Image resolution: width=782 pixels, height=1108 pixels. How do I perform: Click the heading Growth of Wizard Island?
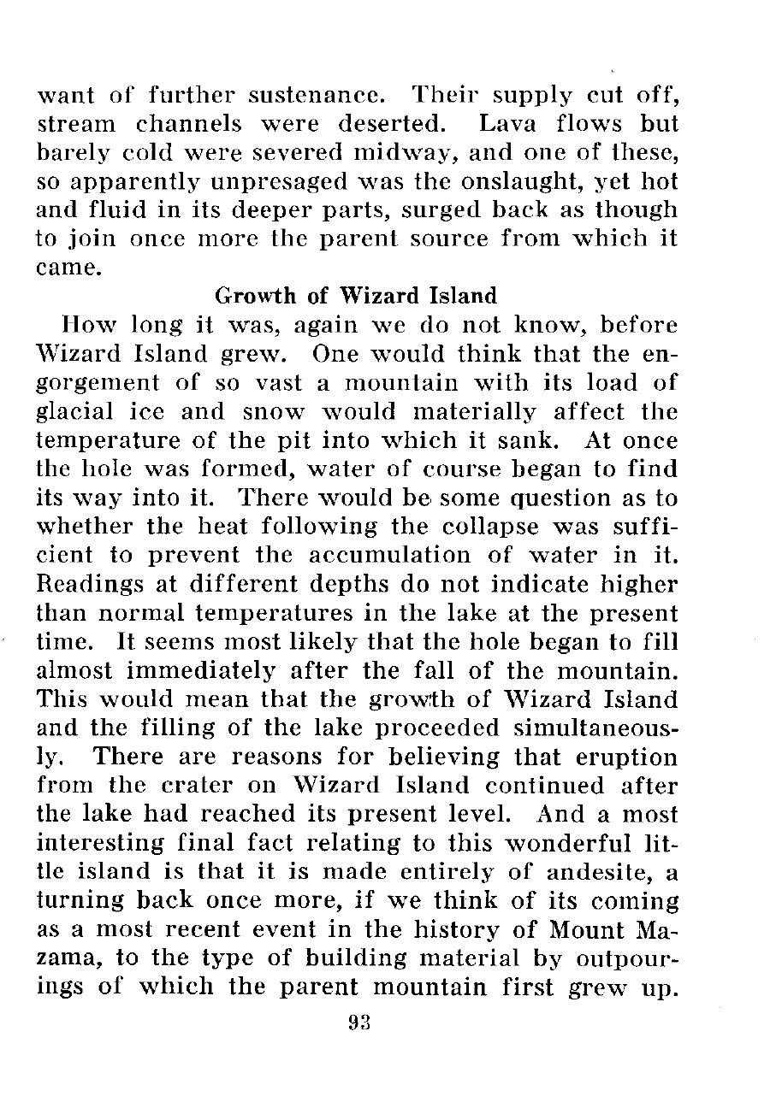355,297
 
